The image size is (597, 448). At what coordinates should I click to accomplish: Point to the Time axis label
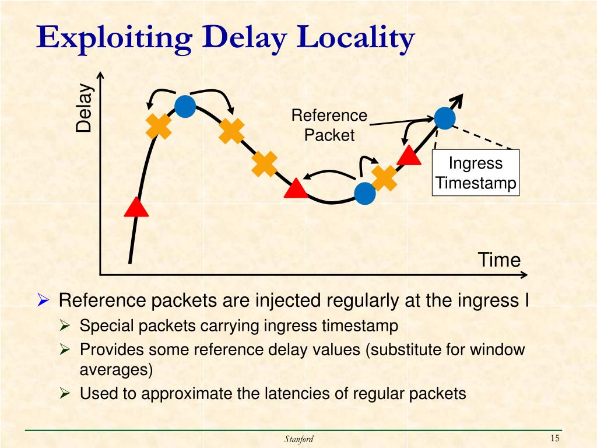[x=499, y=260]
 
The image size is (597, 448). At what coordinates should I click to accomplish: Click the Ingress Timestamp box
[x=476, y=173]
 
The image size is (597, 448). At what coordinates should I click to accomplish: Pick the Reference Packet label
[x=329, y=125]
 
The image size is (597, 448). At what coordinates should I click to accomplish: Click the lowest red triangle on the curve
[x=136, y=207]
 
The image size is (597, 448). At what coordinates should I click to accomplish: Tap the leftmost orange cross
[x=159, y=127]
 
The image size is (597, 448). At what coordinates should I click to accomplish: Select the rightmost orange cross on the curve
[x=384, y=178]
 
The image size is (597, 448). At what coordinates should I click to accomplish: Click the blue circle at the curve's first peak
[x=185, y=106]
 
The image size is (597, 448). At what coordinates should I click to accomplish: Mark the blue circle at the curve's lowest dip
[x=365, y=194]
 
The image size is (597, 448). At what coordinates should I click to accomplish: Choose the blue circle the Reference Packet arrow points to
[x=444, y=118]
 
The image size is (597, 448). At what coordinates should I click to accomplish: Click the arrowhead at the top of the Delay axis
[x=101, y=75]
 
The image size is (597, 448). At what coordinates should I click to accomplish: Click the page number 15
[x=554, y=439]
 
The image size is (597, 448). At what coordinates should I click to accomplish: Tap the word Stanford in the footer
[x=298, y=439]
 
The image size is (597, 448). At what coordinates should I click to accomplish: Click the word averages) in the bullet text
[x=116, y=369]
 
